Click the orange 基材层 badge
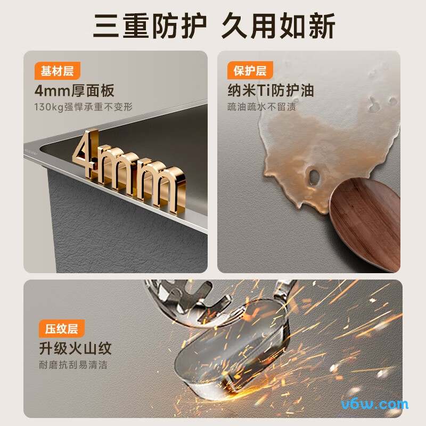pos(58,71)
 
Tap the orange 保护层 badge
pos(250,70)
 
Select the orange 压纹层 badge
pos(62,329)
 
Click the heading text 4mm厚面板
pos(74,91)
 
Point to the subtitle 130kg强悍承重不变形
pos(84,107)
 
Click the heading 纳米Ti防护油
pos(271,91)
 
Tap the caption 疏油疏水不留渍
pos(261,107)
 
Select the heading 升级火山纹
pos(75,348)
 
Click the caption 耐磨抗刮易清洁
pos(73,365)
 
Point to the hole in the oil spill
pos(314,177)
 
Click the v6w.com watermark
pos(375,405)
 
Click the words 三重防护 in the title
pos(150,26)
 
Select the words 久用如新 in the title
pos(278,26)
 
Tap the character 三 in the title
pos(106,26)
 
